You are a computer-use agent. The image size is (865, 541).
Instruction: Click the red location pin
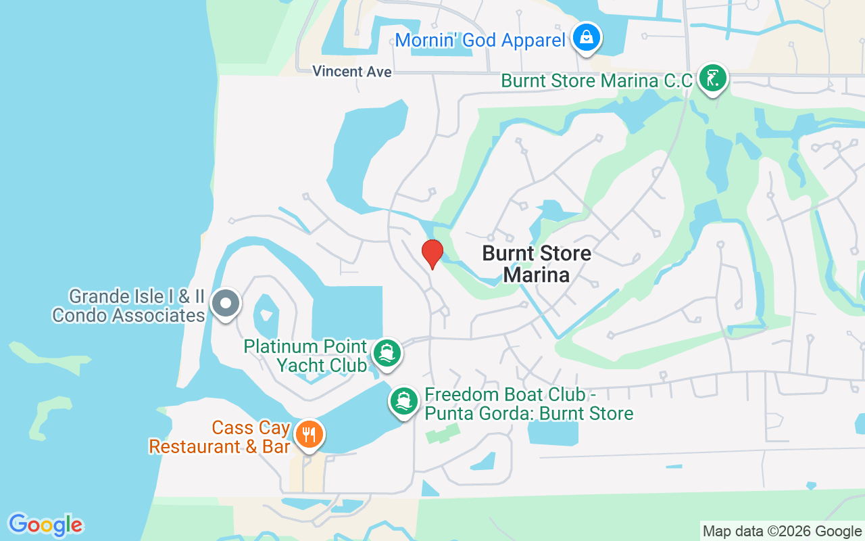click(432, 254)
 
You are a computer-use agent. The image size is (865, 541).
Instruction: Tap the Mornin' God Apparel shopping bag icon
click(587, 38)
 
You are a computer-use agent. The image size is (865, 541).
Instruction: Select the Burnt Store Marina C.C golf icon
click(712, 78)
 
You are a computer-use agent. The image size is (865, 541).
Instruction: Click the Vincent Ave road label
click(352, 72)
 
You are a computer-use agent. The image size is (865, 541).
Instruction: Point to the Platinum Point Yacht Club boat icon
click(387, 354)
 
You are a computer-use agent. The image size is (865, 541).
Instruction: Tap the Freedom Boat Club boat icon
click(404, 401)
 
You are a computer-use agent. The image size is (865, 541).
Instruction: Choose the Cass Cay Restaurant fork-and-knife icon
click(310, 434)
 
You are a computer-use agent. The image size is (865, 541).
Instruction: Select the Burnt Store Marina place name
click(537, 264)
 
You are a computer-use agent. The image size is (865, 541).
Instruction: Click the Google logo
click(45, 525)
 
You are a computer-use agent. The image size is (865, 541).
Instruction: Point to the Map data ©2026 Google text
click(782, 532)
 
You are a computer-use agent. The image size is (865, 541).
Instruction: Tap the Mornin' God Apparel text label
click(480, 40)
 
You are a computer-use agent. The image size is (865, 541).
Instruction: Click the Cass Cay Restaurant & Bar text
click(220, 437)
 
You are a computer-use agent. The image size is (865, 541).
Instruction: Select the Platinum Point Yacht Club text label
click(305, 356)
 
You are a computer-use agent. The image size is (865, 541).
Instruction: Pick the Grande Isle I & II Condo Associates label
click(128, 306)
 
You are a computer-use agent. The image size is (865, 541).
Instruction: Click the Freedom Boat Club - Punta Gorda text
click(529, 404)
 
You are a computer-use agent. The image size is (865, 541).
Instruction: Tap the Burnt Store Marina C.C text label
click(597, 81)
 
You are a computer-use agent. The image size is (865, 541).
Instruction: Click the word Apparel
click(530, 40)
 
